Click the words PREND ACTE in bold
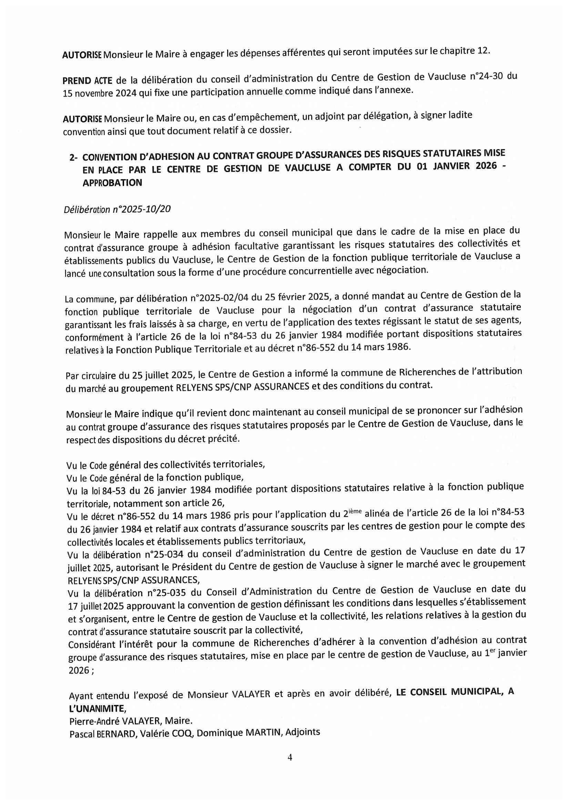pyautogui.click(x=88, y=81)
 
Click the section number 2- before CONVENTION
pyautogui.click(x=73, y=157)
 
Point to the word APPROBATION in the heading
pyautogui.click(x=112, y=183)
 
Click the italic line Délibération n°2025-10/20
pyautogui.click(x=117, y=210)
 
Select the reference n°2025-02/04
pyautogui.click(x=219, y=298)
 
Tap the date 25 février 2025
pyautogui.click(x=298, y=297)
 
